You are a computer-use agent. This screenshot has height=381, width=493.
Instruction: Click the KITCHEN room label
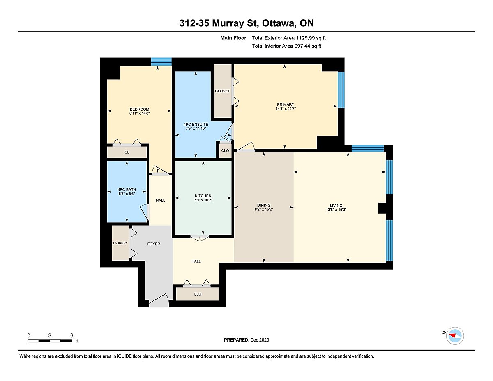point(203,196)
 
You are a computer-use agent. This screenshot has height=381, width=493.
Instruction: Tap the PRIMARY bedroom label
point(286,104)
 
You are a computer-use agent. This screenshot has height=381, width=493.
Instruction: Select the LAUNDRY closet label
point(120,243)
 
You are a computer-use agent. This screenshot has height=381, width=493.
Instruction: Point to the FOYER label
point(154,244)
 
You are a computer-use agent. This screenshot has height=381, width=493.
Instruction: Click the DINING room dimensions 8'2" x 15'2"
point(263,210)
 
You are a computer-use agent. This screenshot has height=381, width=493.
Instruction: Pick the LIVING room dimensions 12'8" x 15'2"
point(336,210)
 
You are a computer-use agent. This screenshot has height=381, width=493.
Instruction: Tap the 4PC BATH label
point(127,190)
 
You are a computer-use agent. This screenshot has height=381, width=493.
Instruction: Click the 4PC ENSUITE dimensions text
point(196,128)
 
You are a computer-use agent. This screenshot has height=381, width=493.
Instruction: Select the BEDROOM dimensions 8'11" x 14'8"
point(139,113)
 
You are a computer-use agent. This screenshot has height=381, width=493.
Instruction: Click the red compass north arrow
point(452,335)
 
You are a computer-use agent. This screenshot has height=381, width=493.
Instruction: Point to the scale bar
point(50,341)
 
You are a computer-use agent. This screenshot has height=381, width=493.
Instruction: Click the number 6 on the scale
point(72,335)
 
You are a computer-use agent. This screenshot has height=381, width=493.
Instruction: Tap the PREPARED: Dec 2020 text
point(246,340)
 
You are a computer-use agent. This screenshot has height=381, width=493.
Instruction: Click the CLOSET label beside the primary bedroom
point(222,91)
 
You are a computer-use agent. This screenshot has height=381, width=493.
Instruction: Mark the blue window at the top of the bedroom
point(161,62)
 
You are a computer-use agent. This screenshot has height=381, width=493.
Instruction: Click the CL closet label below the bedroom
point(127,152)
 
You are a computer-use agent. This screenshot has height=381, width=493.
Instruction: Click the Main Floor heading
point(233,38)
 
